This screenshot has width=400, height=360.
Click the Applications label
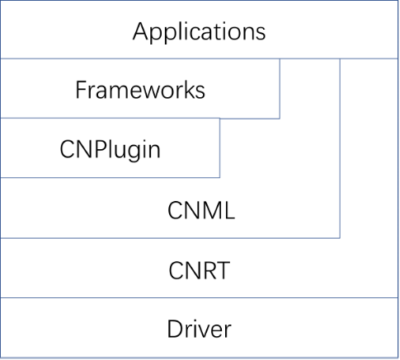pyautogui.click(x=199, y=32)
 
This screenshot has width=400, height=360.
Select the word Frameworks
pyautogui.click(x=140, y=90)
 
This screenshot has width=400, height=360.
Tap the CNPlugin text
pyautogui.click(x=110, y=151)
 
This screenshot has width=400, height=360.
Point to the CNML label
pyautogui.click(x=201, y=210)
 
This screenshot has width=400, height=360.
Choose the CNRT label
pyautogui.click(x=200, y=270)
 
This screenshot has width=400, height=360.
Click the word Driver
pyautogui.click(x=200, y=329)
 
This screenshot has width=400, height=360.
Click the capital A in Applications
pyautogui.click(x=141, y=31)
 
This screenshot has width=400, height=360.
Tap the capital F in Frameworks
pyautogui.click(x=81, y=90)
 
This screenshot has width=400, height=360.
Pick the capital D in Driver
pyautogui.click(x=175, y=329)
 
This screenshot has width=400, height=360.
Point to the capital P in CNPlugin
pyautogui.click(x=99, y=149)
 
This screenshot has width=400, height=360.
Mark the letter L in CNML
pyautogui.click(x=229, y=210)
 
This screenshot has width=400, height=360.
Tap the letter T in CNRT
pyautogui.click(x=222, y=270)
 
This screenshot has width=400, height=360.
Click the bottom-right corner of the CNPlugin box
pyautogui.click(x=219, y=177)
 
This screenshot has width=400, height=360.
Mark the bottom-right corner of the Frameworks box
pyautogui.click(x=280, y=119)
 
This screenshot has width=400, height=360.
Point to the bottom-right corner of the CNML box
pyautogui.click(x=340, y=238)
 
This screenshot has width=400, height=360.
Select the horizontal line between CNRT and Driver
pyautogui.click(x=200, y=297)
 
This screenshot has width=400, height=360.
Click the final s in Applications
pyautogui.click(x=261, y=34)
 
